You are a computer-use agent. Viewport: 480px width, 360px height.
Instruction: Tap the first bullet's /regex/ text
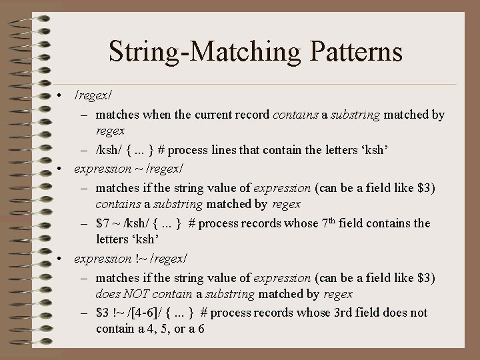[x=93, y=97]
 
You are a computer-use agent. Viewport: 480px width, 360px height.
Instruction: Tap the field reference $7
[x=103, y=223]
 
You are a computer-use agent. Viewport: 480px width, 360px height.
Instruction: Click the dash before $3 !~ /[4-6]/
[x=86, y=313]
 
